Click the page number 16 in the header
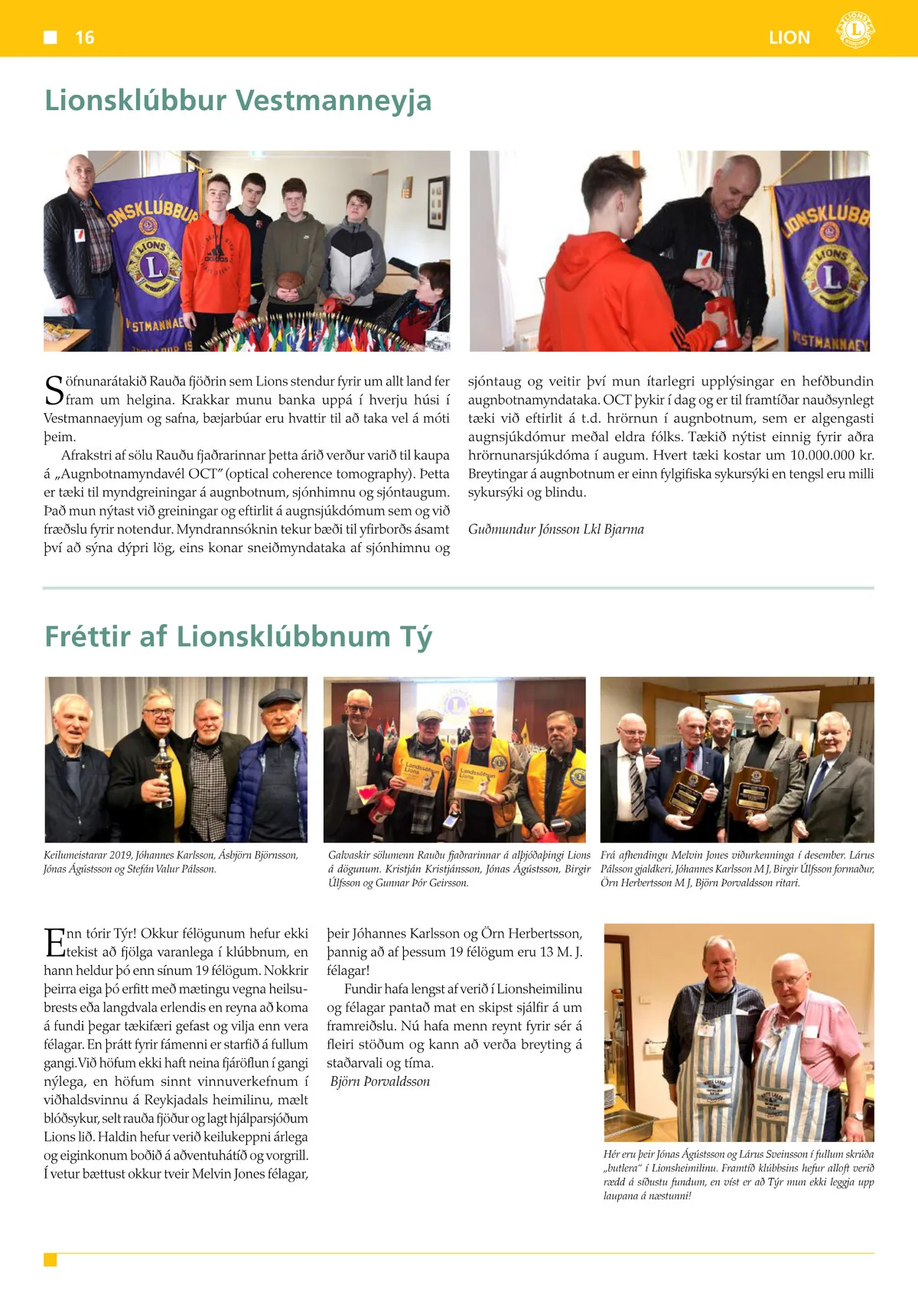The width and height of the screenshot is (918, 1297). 84,37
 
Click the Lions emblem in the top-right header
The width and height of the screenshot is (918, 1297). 855,31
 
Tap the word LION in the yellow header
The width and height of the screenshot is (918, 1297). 789,37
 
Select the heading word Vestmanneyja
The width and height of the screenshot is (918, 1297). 334,101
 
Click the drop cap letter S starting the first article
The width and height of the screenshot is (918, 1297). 54,389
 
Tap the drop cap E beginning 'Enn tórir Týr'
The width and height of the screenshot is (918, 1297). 54,942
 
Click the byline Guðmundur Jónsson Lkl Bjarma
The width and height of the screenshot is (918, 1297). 555,529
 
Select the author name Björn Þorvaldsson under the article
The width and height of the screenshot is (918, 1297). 380,1081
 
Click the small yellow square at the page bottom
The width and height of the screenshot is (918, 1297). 50,1260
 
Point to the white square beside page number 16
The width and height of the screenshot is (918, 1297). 50,37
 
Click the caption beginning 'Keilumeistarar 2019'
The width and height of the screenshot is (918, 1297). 171,862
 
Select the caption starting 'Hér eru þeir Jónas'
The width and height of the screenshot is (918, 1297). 737,1175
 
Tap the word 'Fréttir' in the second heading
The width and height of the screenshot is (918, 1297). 86,636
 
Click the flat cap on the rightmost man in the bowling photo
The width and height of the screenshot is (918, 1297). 279,697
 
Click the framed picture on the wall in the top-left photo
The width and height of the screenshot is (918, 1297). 438,202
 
